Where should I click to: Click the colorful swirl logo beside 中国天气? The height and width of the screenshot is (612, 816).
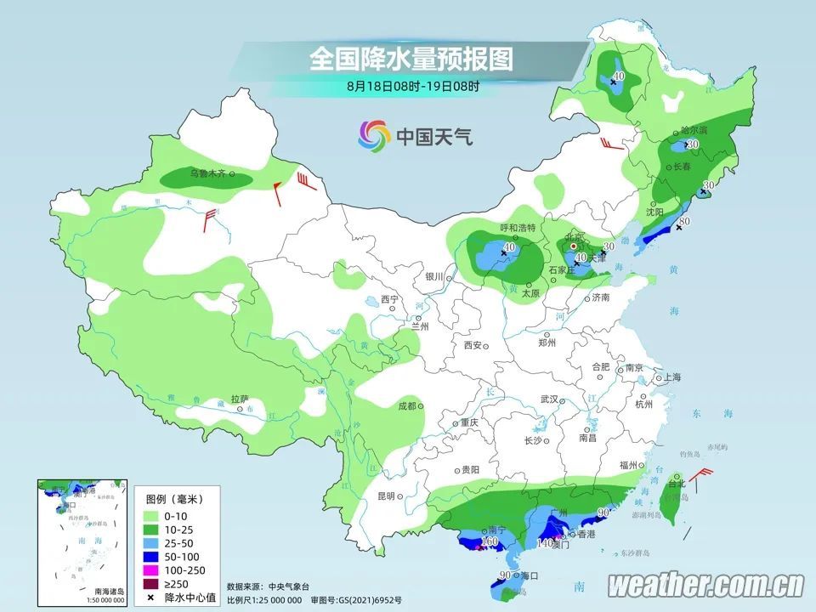[x=374, y=134]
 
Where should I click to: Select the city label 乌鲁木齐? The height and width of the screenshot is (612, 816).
[x=208, y=173]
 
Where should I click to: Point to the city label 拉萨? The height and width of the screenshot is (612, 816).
[x=240, y=399]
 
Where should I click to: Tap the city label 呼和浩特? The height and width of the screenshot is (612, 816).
[x=518, y=228]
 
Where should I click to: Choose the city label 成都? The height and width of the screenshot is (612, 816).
[x=406, y=406]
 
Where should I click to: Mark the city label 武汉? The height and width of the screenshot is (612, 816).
[x=548, y=399]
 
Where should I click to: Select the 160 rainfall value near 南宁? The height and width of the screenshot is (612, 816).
[x=490, y=541]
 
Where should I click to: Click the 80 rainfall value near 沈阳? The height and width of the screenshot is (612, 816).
[x=684, y=223]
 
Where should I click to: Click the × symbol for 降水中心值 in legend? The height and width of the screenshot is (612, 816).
[x=150, y=598]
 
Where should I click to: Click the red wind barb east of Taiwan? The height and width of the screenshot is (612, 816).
[x=702, y=478]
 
